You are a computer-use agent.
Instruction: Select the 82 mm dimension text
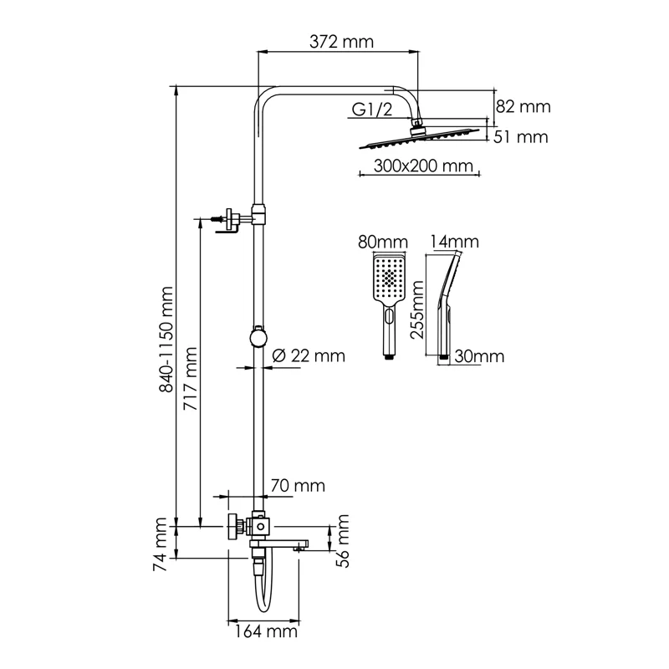click(x=523, y=106)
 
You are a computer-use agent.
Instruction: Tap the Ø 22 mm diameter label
click(x=309, y=355)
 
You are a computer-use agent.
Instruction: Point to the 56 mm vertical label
click(x=341, y=544)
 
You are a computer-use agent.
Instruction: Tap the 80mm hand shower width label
click(x=382, y=243)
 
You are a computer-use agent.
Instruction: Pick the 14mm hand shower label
click(x=454, y=243)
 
